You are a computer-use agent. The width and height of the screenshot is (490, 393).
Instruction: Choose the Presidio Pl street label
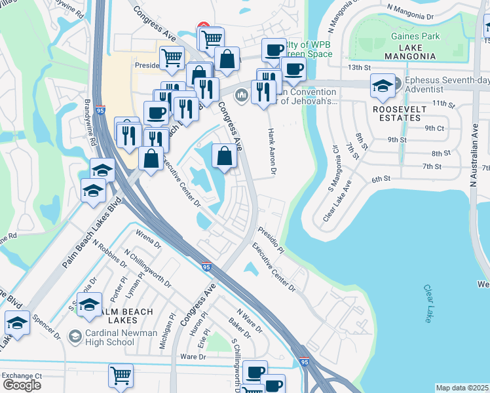(271, 240)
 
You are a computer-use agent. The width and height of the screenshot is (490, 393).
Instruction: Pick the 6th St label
(381, 179)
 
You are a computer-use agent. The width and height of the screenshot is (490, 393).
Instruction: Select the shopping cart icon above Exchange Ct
(121, 376)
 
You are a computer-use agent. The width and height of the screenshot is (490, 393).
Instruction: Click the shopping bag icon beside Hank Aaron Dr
(224, 157)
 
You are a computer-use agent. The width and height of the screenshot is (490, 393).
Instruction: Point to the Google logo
(22, 385)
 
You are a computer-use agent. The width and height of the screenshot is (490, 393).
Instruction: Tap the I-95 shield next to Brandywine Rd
(100, 111)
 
